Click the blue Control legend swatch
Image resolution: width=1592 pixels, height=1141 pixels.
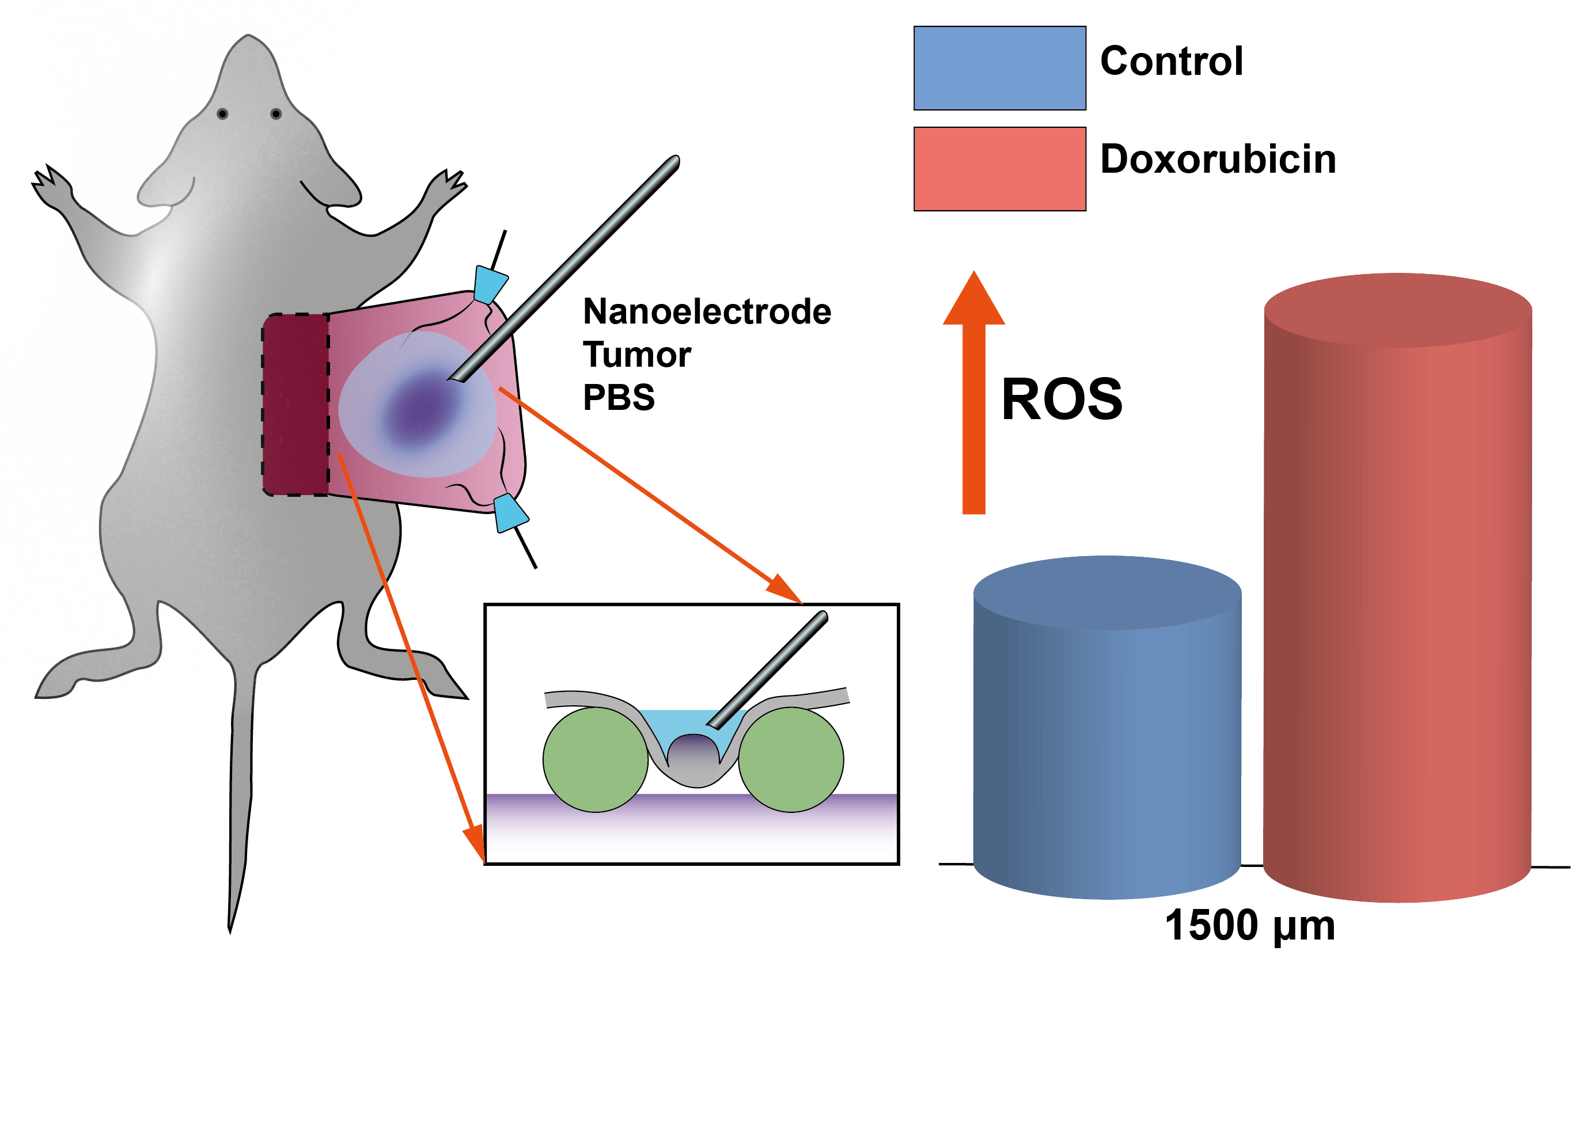[999, 68]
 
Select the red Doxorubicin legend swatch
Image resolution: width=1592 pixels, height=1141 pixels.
[999, 169]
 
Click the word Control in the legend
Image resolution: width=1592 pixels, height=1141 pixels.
[1171, 61]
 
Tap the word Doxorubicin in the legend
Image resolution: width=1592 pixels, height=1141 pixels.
[1217, 159]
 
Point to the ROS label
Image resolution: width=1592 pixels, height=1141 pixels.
[1062, 400]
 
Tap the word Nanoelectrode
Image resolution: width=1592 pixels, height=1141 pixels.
[706, 311]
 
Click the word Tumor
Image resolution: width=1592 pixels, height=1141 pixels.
[636, 355]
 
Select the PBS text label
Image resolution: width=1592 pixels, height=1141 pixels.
[619, 397]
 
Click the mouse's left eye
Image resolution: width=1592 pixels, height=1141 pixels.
[222, 113]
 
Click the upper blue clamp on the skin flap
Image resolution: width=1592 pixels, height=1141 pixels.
[490, 283]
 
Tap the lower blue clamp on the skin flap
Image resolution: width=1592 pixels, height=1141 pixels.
[510, 513]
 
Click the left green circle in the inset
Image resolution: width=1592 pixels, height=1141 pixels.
[595, 760]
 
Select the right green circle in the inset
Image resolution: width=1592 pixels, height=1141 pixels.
[791, 760]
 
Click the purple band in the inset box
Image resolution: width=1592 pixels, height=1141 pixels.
[691, 824]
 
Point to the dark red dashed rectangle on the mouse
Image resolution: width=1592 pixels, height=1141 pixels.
[295, 405]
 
